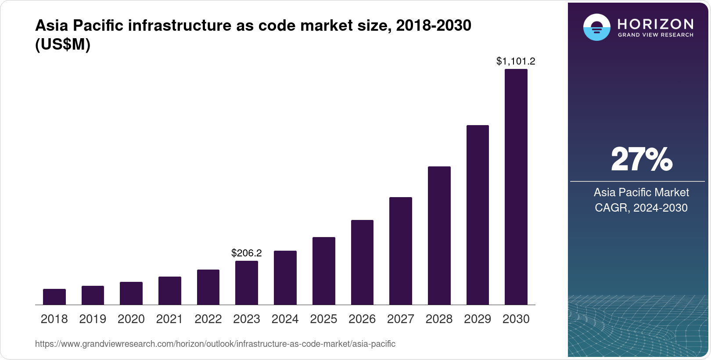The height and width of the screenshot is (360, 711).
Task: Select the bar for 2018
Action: [54, 297]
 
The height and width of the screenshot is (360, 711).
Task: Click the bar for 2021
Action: [170, 291]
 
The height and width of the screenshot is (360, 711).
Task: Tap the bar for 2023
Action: [247, 283]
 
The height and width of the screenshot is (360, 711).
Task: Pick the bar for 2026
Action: [362, 262]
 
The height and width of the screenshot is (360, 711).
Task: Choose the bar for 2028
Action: [439, 235]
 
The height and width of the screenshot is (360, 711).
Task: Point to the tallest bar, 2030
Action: [516, 187]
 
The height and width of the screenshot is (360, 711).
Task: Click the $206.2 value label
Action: [247, 253]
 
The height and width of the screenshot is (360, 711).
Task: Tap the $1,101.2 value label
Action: [516, 61]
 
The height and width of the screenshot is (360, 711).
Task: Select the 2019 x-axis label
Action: [93, 319]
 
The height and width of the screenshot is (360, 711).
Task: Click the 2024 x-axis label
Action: [285, 319]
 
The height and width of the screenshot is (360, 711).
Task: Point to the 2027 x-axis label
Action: [401, 319]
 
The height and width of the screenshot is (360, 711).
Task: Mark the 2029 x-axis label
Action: [478, 319]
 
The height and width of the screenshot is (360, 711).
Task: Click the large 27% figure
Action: [641, 159]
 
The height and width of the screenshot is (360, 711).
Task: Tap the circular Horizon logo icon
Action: [596, 27]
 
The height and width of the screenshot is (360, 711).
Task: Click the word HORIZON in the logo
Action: [656, 24]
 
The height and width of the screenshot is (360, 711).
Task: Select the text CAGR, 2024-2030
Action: [641, 208]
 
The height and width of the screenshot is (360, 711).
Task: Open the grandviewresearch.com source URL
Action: [215, 344]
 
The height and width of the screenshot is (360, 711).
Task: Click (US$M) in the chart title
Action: [63, 45]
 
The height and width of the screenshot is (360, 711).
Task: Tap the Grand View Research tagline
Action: [656, 35]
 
